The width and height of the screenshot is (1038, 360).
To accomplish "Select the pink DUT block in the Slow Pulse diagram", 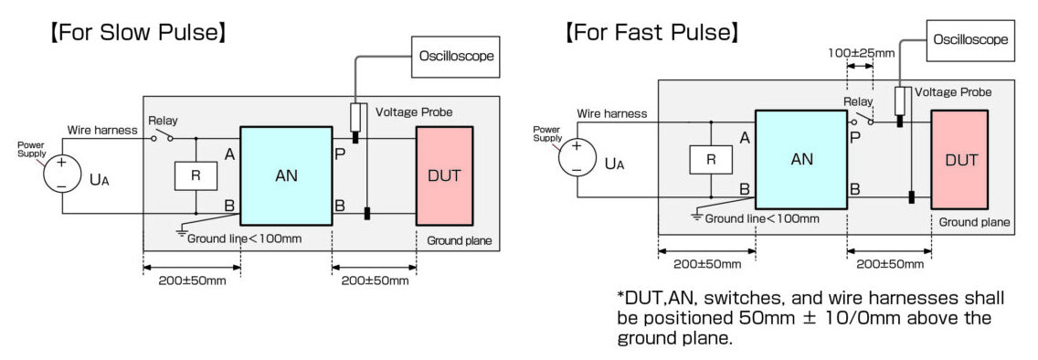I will pyautogui.click(x=444, y=175).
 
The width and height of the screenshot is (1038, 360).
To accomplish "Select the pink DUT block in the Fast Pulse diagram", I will pyautogui.click(x=960, y=160).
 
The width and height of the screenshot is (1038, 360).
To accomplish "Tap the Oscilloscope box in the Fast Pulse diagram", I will pyautogui.click(x=971, y=39).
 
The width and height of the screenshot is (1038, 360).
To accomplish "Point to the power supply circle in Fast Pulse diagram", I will pyautogui.click(x=577, y=157).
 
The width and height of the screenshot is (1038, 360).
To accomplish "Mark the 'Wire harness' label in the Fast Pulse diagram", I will pyautogui.click(x=611, y=113).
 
